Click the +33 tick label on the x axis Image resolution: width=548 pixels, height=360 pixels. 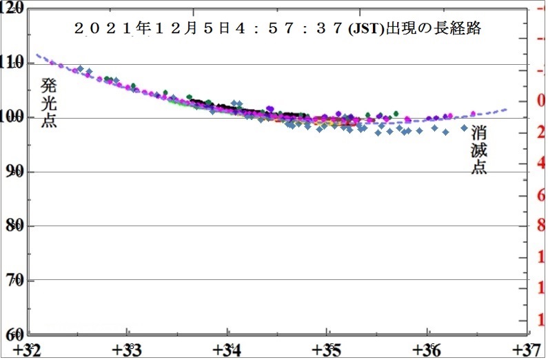point(129,349)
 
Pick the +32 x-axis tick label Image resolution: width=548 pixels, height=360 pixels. point(31,349)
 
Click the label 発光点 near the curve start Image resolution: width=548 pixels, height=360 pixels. point(49,103)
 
